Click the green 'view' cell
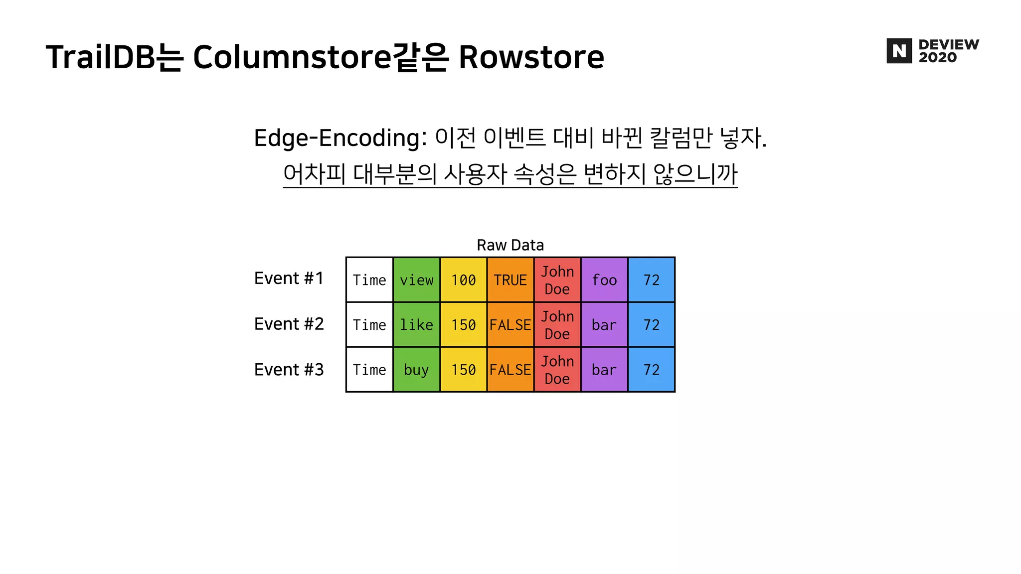click(x=416, y=280)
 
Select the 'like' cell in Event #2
click(x=416, y=325)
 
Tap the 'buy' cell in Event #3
click(x=416, y=370)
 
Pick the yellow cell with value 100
click(x=463, y=280)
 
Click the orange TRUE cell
click(x=510, y=280)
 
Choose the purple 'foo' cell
click(x=604, y=280)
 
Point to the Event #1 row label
click(x=289, y=278)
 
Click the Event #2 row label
click(x=289, y=324)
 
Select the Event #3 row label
click(x=289, y=370)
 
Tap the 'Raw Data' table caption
click(x=510, y=245)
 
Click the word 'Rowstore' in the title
click(x=531, y=57)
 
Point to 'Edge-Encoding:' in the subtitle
click(x=340, y=138)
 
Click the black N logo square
click(x=899, y=51)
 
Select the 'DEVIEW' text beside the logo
click(x=949, y=45)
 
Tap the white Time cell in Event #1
click(x=369, y=280)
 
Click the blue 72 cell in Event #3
click(x=651, y=370)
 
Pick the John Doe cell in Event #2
click(x=557, y=325)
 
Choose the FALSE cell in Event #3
click(x=510, y=370)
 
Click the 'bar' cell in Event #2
click(x=604, y=325)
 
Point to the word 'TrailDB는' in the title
click(x=115, y=57)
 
